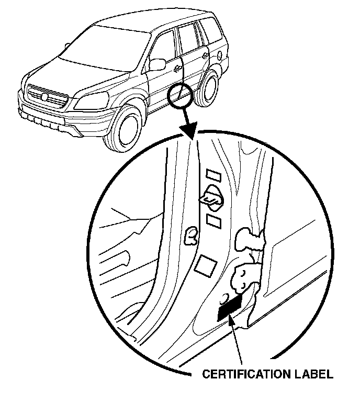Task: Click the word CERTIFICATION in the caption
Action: click(245, 374)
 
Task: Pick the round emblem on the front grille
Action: click(46, 97)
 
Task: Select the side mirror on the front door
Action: click(156, 64)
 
